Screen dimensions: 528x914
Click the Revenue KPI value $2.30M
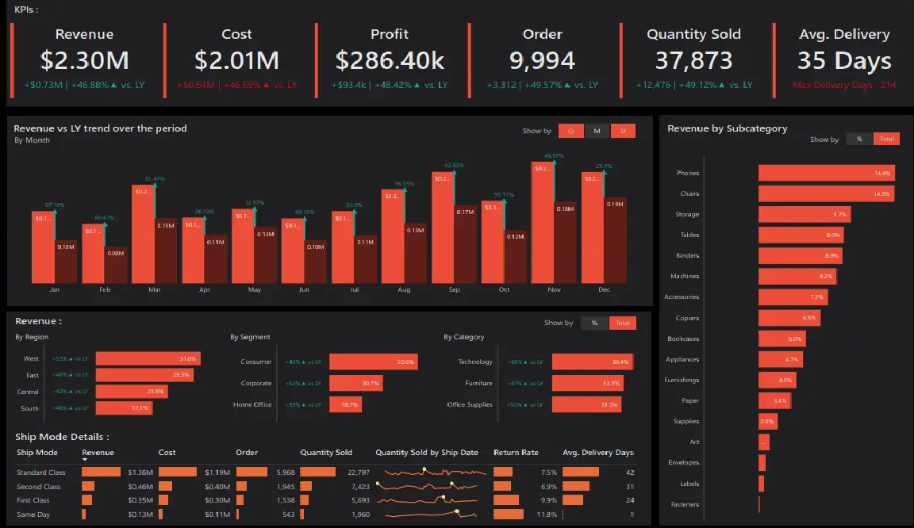[84, 61]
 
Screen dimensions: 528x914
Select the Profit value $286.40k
[390, 61]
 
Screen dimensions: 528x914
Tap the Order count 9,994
[542, 61]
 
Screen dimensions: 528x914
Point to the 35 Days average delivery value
[844, 61]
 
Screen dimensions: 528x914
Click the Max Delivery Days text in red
[832, 85]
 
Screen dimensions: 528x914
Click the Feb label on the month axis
[104, 290]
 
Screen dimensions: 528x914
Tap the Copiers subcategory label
[687, 318]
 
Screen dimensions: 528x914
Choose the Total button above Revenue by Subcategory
[887, 139]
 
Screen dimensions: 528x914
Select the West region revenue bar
[148, 358]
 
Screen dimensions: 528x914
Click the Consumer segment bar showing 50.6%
[373, 362]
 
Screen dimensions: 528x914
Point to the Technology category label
[475, 362]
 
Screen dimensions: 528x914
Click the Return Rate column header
[516, 453]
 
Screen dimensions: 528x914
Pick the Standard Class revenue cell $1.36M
[140, 473]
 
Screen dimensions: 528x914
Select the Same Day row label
[33, 515]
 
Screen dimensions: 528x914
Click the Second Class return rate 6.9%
[548, 486]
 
